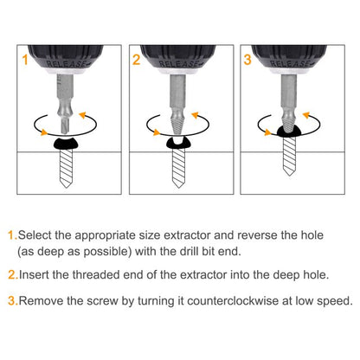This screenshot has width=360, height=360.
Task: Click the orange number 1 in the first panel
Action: click(x=25, y=60)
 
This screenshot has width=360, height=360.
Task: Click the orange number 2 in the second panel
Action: click(x=136, y=60)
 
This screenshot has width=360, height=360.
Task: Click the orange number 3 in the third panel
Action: click(x=247, y=60)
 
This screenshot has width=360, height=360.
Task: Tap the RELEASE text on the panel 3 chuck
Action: click(x=291, y=64)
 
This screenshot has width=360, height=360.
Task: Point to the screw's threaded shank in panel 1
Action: click(x=66, y=165)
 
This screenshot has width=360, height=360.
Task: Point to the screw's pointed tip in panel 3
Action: click(x=289, y=172)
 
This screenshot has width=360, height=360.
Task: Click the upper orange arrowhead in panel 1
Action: click(x=83, y=115)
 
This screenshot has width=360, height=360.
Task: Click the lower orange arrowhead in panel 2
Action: click(x=157, y=132)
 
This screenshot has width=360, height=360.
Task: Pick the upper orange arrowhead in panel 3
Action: click(x=306, y=115)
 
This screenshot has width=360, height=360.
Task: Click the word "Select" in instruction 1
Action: click(x=35, y=235)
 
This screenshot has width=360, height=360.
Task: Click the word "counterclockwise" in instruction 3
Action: click(x=233, y=301)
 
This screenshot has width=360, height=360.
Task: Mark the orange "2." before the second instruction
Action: click(x=13, y=275)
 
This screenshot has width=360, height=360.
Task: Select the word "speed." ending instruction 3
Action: click(x=335, y=302)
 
